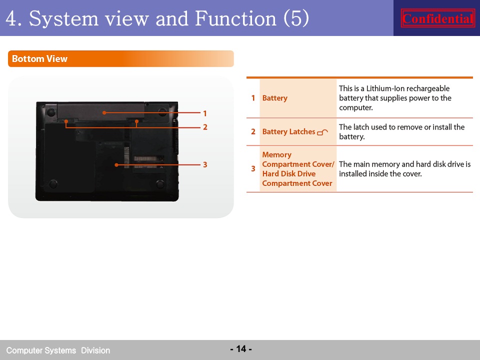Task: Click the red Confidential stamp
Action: click(x=438, y=18)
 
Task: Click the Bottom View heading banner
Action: click(x=121, y=58)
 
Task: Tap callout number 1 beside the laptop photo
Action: click(x=205, y=113)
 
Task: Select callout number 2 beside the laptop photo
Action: click(x=205, y=127)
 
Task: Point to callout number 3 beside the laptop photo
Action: click(x=205, y=164)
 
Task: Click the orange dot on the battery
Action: click(x=104, y=112)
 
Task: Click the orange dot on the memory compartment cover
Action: click(x=116, y=164)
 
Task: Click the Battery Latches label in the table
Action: click(x=288, y=131)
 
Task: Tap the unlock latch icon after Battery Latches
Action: click(x=322, y=132)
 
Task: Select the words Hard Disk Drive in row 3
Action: click(x=288, y=173)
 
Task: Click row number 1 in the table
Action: click(x=253, y=98)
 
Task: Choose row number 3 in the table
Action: click(x=253, y=168)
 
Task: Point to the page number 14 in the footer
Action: click(x=241, y=348)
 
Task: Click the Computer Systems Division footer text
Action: click(x=58, y=350)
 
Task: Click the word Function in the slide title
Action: click(x=235, y=18)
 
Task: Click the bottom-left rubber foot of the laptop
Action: click(x=53, y=184)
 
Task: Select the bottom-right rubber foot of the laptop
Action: click(x=160, y=184)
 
